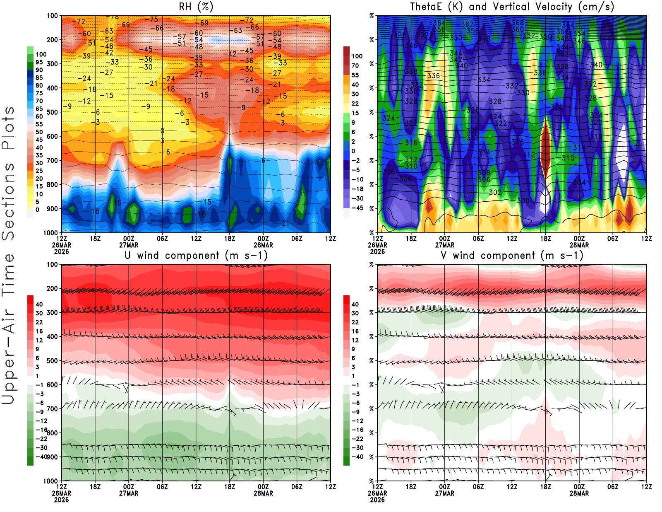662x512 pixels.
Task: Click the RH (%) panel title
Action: [x=196, y=7]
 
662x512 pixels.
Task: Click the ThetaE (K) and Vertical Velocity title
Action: [x=512, y=7]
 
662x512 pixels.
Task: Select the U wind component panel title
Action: [x=196, y=256]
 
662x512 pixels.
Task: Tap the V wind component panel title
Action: [x=512, y=256]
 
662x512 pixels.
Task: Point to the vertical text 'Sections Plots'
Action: [x=8, y=173]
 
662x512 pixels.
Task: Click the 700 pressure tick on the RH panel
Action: [x=53, y=160]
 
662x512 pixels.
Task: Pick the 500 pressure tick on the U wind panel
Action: [x=53, y=361]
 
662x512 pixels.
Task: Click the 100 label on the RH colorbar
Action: [x=41, y=55]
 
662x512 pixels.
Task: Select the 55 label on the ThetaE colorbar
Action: [x=355, y=75]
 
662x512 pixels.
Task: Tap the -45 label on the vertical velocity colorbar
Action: [x=357, y=208]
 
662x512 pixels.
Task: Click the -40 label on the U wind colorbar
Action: [x=41, y=457]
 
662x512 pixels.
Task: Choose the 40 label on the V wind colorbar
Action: [x=355, y=304]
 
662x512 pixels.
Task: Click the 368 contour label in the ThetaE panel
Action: [x=518, y=23]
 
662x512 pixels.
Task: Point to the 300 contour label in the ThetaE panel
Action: [x=523, y=200]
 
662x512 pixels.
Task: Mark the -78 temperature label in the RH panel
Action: [x=113, y=17]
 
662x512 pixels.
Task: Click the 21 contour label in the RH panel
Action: [x=285, y=224]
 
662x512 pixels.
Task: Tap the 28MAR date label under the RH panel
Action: [x=263, y=245]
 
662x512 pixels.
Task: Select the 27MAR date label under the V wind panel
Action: [x=444, y=494]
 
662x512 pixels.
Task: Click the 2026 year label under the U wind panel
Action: [x=61, y=500]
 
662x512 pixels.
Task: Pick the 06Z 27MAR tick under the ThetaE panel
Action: [x=478, y=239]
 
